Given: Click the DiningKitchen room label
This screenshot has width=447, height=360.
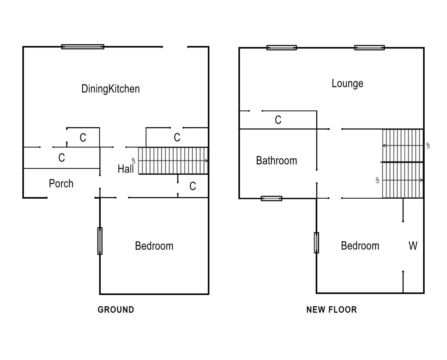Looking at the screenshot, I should tap(111, 89).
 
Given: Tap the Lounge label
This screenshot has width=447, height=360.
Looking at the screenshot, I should tap(347, 84).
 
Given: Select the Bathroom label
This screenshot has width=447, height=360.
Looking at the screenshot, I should tap(277, 161).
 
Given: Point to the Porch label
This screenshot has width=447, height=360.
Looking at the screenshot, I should tap(61, 184).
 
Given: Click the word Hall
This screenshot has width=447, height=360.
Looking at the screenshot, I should tap(125, 169).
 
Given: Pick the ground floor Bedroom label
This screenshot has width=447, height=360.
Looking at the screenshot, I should tap(154, 246).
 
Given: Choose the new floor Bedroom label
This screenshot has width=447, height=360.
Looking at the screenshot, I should tap(360, 246).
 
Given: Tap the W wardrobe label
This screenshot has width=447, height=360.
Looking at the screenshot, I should tap(413, 246).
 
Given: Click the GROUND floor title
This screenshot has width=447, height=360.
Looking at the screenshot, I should tap(116, 310).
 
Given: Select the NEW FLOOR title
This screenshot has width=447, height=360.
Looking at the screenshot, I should tap(332, 310).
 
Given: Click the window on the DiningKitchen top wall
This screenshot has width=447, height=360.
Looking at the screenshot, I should tap(83, 47).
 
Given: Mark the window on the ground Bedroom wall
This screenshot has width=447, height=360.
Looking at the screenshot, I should tap(100, 241).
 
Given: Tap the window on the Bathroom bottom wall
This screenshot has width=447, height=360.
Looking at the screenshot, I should tap(271, 198).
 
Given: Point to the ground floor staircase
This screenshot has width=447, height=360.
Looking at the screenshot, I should tap(173, 161).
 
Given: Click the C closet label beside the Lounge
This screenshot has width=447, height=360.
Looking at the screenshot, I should tap(278, 120).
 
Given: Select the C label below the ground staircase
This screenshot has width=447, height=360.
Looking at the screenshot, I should tap(193, 186).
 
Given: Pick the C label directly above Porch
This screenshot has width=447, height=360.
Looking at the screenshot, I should tap(62, 158).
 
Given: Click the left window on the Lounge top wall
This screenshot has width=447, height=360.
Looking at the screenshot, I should tap(282, 48).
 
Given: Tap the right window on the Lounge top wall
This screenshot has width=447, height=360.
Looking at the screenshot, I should tap(370, 48).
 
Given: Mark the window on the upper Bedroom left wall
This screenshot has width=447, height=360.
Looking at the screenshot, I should tap(316, 242).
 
